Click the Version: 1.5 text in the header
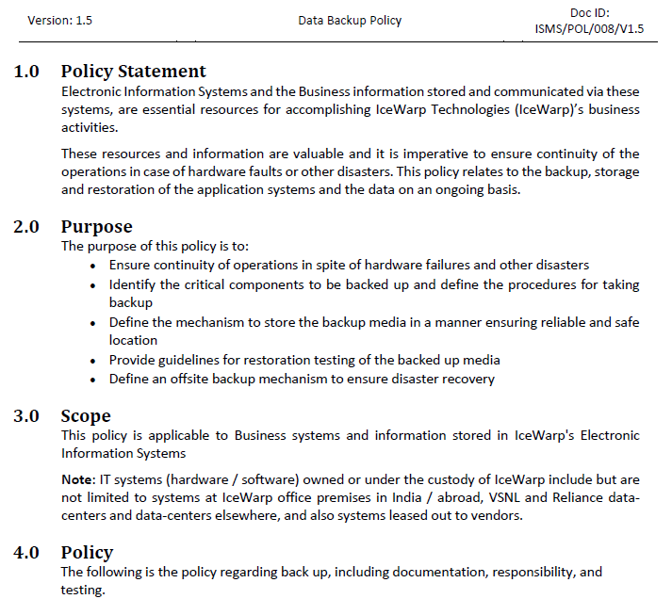click(60, 20)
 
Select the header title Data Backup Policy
click(350, 20)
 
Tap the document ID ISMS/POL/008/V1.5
click(589, 28)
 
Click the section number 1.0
click(26, 71)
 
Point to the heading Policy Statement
click(133, 71)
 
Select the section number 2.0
click(26, 226)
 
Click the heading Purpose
click(96, 226)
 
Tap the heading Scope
click(86, 415)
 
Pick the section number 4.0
click(26, 552)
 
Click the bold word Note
click(77, 480)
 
